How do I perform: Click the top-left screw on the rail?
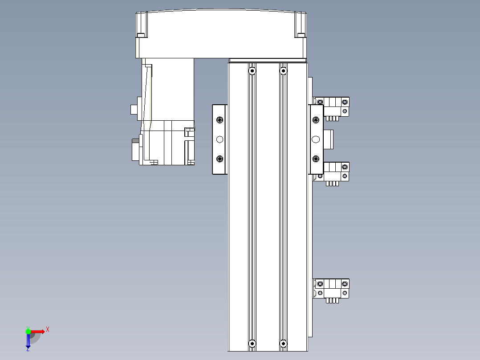(252, 70)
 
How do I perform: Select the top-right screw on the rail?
(283, 70)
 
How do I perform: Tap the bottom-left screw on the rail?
(252, 344)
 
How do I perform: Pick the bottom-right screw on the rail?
(283, 344)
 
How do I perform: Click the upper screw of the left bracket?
(219, 120)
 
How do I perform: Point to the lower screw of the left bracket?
(219, 159)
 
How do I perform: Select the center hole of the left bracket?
(219, 139)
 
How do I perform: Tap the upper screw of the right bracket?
(316, 120)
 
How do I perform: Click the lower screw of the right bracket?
(316, 158)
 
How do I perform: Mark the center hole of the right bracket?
(316, 139)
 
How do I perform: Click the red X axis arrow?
(37, 331)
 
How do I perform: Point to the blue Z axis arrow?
(28, 340)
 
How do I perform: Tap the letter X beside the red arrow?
(48, 330)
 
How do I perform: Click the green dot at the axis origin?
(28, 331)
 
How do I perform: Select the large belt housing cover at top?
(221, 34)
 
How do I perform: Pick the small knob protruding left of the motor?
(133, 109)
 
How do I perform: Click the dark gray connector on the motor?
(135, 150)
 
